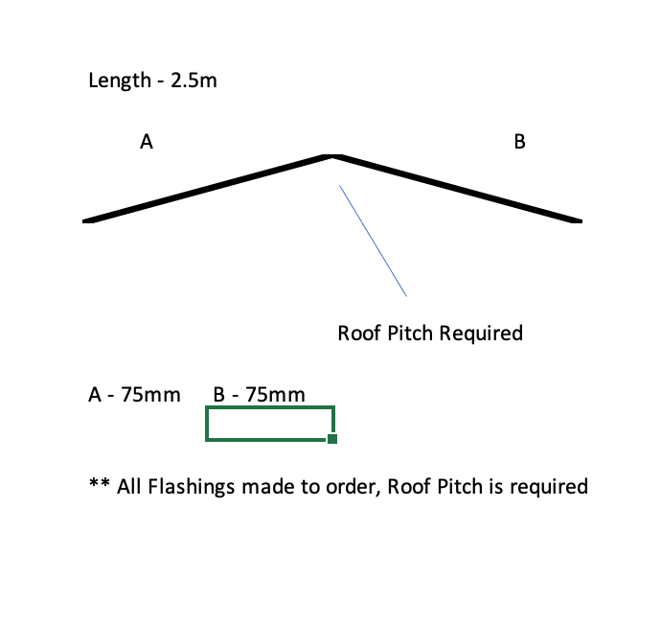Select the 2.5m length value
pyautogui.click(x=194, y=81)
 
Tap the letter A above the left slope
pyautogui.click(x=147, y=142)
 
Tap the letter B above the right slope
pyautogui.click(x=519, y=142)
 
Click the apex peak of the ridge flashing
pyautogui.click(x=331, y=154)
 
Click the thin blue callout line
pyautogui.click(x=373, y=241)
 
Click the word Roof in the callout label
pyautogui.click(x=358, y=334)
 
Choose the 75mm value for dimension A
pyautogui.click(x=151, y=394)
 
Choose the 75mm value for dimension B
pyautogui.click(x=276, y=394)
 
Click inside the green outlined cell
pyautogui.click(x=269, y=423)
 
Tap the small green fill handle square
pyautogui.click(x=332, y=439)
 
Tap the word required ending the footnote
pyautogui.click(x=548, y=487)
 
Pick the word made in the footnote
pyautogui.click(x=263, y=487)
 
